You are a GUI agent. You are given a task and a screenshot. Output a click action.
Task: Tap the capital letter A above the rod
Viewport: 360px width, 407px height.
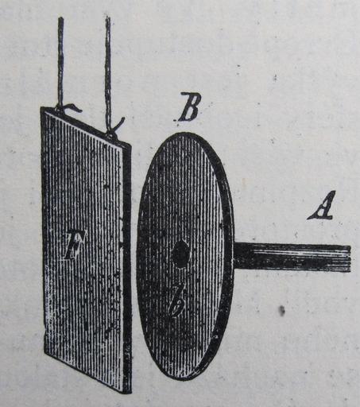(x=321, y=205)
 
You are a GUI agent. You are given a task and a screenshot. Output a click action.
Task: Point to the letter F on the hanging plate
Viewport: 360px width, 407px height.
(x=75, y=244)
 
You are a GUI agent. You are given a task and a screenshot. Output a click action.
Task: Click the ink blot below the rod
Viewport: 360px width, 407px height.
(x=281, y=311)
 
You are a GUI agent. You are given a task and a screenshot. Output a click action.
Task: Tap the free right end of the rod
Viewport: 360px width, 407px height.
(x=350, y=258)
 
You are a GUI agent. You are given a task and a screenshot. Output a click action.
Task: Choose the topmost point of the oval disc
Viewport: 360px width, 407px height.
(x=185, y=132)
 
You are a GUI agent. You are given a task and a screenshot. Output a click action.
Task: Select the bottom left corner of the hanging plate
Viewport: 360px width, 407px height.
(x=45, y=351)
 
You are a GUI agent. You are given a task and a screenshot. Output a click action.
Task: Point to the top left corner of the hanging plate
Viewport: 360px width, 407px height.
(x=41, y=107)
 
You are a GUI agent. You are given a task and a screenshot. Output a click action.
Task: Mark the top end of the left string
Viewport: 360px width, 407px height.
(x=60, y=17)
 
